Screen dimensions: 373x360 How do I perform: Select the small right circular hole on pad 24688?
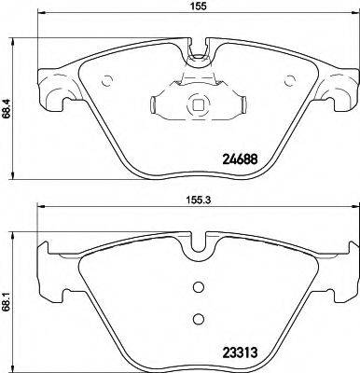(285, 78)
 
